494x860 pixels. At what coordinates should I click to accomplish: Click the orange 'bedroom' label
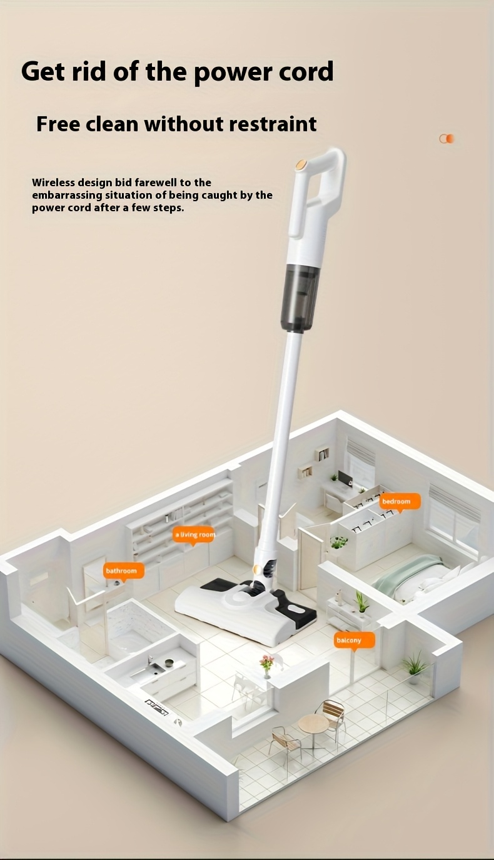point(400,501)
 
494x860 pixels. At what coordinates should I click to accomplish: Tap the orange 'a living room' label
point(194,535)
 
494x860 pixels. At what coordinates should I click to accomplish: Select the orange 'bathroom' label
point(123,571)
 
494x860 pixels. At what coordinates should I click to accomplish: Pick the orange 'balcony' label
point(353,641)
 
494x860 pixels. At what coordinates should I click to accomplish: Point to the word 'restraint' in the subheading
point(273,124)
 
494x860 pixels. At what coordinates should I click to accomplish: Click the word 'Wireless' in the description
point(53,182)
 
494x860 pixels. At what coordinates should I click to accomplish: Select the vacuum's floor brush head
point(246,609)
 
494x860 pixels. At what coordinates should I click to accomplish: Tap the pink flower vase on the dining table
point(266,666)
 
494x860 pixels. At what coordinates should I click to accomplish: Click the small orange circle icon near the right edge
point(446,139)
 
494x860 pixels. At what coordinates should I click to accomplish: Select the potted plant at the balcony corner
point(415,669)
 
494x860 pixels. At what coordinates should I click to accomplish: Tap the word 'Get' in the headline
point(43,71)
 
